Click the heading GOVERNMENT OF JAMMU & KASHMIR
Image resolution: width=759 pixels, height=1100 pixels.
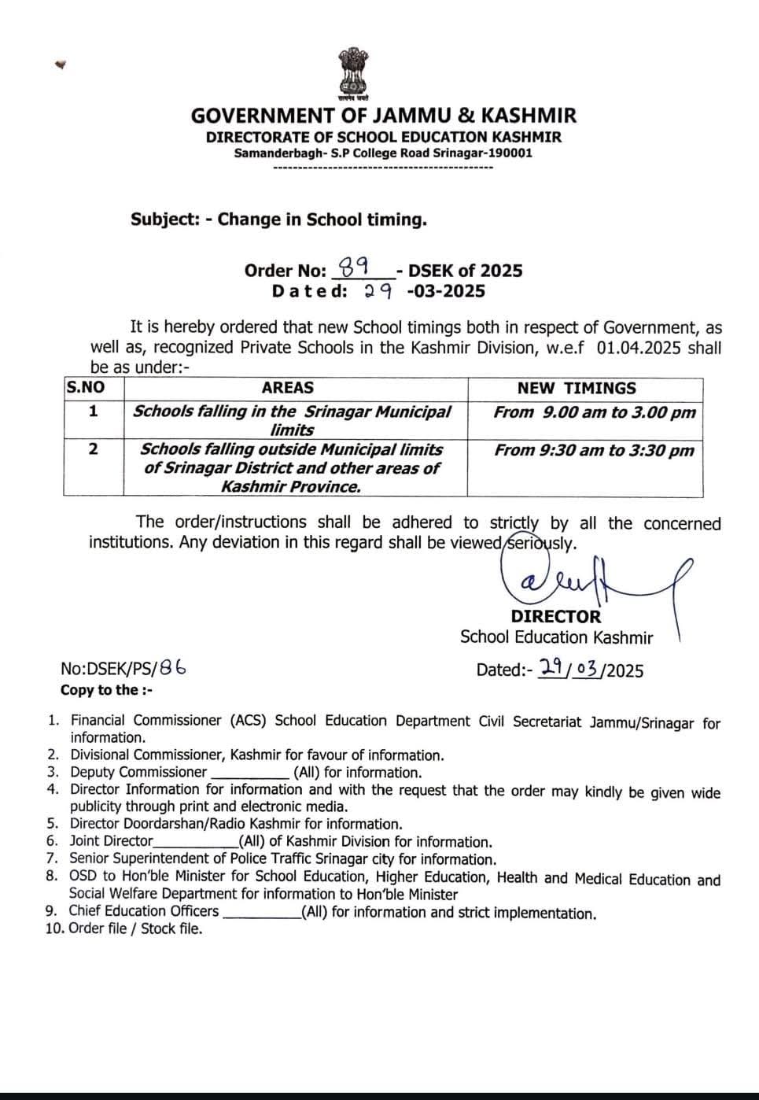pyautogui.click(x=383, y=116)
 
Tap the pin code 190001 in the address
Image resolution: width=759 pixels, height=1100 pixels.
pyautogui.click(x=510, y=153)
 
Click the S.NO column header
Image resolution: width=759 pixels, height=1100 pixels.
pyautogui.click(x=85, y=388)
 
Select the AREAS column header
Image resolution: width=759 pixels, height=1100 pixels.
pyautogui.click(x=288, y=388)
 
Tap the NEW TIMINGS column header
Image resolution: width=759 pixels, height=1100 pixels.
pyautogui.click(x=577, y=388)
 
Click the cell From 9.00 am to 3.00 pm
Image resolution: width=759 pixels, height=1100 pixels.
pyautogui.click(x=595, y=412)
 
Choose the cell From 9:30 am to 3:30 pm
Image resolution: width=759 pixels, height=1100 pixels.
pyautogui.click(x=595, y=450)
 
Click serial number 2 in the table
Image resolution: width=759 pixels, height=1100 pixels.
pyautogui.click(x=93, y=449)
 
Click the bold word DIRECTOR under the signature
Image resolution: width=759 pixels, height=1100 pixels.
pyautogui.click(x=555, y=617)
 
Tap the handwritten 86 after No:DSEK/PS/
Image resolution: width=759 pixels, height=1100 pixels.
pyautogui.click(x=172, y=668)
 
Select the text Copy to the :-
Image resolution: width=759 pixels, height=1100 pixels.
pyautogui.click(x=107, y=690)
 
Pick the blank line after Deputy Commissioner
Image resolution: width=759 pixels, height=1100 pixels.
pyautogui.click(x=249, y=773)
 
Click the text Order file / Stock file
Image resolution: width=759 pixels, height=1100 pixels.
pyautogui.click(x=135, y=928)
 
